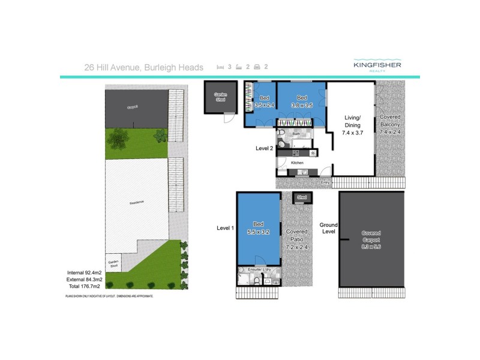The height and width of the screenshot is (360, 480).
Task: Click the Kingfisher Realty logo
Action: tap(377, 66)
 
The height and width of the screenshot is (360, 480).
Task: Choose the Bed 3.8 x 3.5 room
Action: tap(301, 101)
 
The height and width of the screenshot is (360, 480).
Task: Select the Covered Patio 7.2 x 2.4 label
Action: tap(297, 239)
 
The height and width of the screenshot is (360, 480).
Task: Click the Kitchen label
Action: tap(297, 163)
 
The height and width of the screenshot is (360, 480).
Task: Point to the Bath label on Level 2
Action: tap(296, 134)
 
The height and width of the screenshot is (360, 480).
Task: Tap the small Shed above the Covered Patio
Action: tap(301, 197)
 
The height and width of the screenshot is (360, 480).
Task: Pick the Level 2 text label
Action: tap(264, 148)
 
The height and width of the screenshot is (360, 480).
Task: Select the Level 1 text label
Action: tap(226, 228)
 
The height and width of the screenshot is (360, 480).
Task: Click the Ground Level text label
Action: tap(328, 228)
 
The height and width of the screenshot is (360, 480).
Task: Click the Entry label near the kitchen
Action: tap(325, 182)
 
